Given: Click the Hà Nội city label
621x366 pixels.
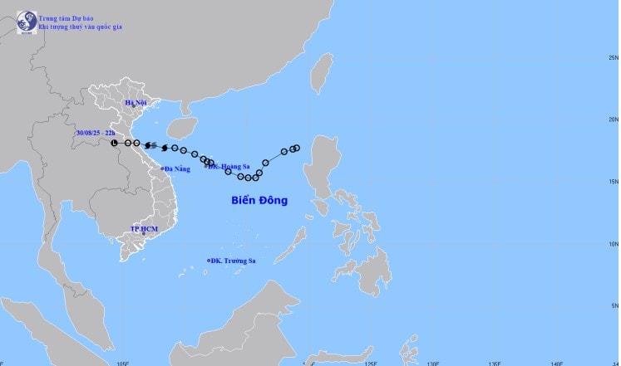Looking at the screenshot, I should tap(135, 103).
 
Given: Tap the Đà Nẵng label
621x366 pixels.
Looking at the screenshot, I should tap(179, 168).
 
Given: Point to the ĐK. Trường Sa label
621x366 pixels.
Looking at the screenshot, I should tap(234, 261).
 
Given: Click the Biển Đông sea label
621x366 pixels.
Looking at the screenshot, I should tap(259, 200).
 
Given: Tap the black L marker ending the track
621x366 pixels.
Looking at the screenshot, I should tap(115, 143).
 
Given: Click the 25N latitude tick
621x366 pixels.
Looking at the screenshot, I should tap(613, 57).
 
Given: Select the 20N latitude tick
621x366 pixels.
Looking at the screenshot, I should tap(613, 120).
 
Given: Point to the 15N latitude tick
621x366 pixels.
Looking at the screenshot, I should tap(613, 182).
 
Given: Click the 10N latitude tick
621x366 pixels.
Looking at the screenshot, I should tap(613, 244).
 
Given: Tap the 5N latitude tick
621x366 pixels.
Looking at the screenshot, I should tap(614, 306).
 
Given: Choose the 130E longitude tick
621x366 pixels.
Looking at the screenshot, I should tap(432, 362).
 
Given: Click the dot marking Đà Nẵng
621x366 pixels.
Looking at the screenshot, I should tap(163, 168).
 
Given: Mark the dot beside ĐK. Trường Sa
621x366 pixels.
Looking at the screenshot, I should tap(209, 261).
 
